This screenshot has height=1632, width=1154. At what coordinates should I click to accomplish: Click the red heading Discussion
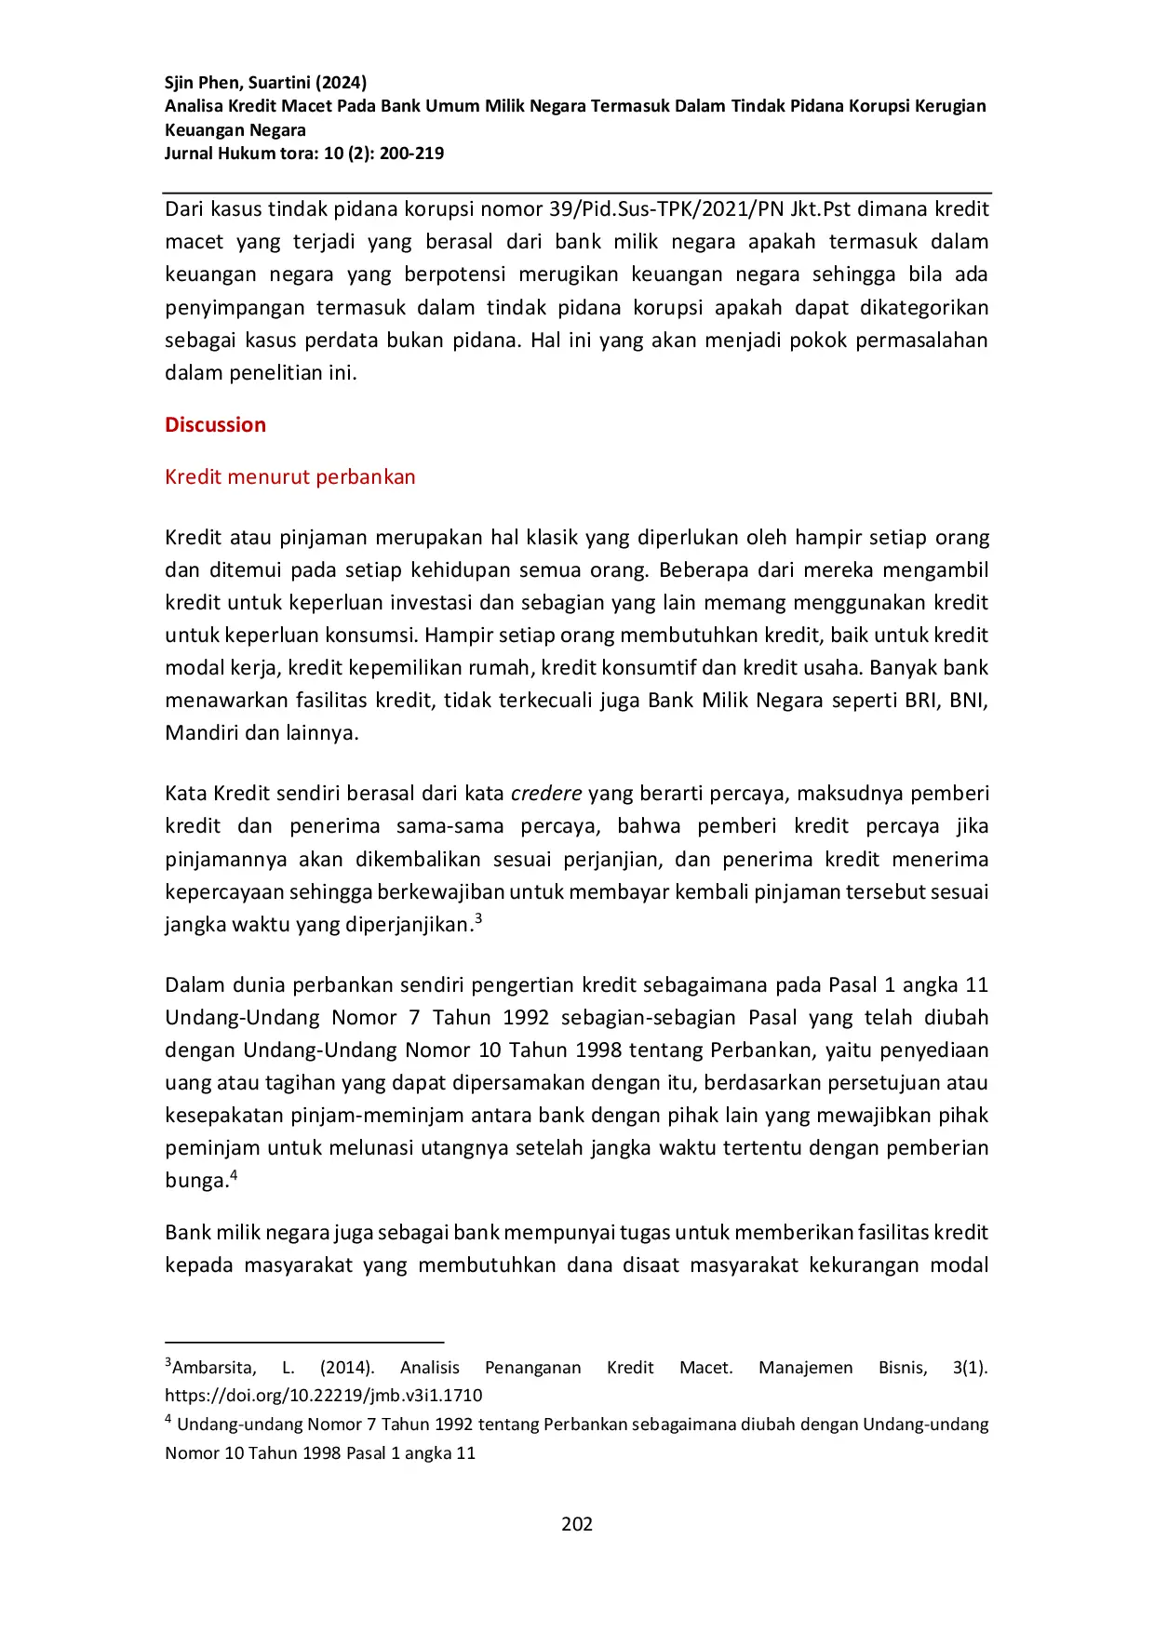click(215, 425)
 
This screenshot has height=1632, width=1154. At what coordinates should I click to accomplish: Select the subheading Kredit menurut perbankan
click(289, 477)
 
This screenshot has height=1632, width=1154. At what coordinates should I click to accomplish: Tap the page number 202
click(577, 1524)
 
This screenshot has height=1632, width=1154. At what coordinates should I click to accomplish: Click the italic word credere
click(546, 794)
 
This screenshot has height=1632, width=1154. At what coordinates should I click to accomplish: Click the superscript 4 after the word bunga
click(234, 1175)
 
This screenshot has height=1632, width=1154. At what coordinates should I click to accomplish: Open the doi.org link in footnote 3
click(323, 1396)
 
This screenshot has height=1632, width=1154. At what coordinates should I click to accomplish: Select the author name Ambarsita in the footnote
click(214, 1368)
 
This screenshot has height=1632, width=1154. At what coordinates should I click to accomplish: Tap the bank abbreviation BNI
click(968, 701)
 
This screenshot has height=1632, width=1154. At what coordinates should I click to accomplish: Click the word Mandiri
click(198, 733)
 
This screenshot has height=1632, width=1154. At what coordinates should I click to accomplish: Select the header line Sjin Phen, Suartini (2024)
click(265, 82)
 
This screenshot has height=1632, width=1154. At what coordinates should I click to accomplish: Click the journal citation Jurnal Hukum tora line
click(303, 154)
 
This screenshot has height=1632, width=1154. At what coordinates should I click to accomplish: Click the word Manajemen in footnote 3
click(805, 1368)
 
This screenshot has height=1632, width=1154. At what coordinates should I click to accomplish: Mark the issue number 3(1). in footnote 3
click(970, 1368)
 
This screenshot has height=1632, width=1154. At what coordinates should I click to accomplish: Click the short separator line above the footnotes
click(304, 1343)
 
